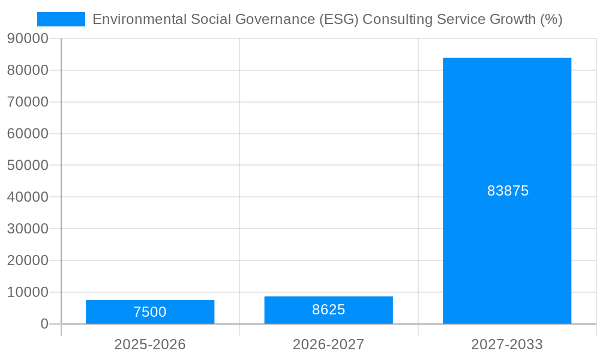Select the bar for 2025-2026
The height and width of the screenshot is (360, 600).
point(150,305)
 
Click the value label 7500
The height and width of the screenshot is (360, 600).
point(150,312)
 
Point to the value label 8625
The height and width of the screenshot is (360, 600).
point(328,310)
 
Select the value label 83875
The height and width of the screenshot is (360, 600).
point(508,191)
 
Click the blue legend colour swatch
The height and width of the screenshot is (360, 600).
point(61,19)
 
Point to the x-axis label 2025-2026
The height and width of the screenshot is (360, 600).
point(150,344)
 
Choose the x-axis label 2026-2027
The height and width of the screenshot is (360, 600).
point(328,344)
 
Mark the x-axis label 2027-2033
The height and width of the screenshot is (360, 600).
point(507,344)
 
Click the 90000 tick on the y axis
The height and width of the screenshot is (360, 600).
point(28,38)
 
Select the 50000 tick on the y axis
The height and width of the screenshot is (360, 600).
point(28,165)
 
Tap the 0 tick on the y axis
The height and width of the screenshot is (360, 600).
point(44,324)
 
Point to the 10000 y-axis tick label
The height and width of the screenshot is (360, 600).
point(28,292)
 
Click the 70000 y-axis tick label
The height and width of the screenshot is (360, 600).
point(28,102)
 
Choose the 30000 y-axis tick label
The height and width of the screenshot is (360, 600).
point(28,229)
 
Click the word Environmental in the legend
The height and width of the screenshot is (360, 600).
point(139,19)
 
